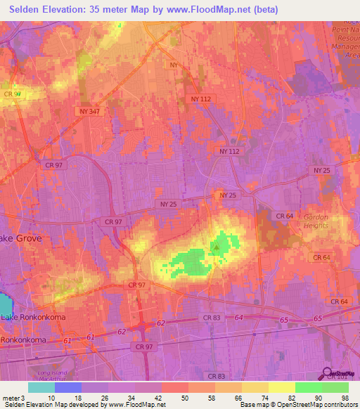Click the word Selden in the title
click(x=28, y=10)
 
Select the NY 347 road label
click(x=89, y=112)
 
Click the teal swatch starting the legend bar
click(x=41, y=387)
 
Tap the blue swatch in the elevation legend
click(x=68, y=387)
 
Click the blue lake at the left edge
click(x=6, y=304)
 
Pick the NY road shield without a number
click(x=174, y=64)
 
